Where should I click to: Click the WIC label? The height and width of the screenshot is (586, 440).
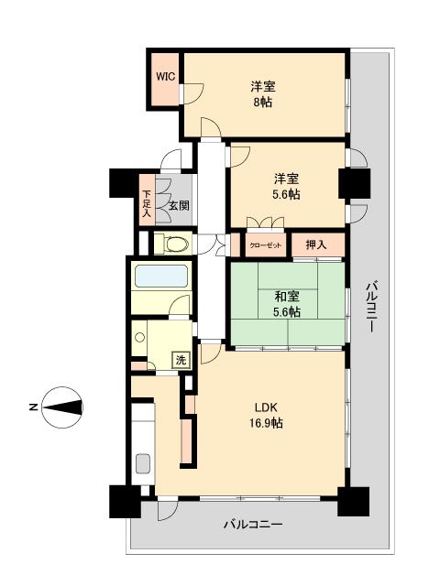[165, 77]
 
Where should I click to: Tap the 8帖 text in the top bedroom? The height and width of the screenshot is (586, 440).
[263, 103]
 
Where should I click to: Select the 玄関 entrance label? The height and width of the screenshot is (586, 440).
[179, 206]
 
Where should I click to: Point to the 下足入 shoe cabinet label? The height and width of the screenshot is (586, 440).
[147, 206]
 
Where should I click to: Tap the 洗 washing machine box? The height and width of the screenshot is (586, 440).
[181, 360]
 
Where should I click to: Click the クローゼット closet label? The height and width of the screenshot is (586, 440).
[265, 246]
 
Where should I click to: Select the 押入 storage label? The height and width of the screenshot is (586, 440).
[316, 245]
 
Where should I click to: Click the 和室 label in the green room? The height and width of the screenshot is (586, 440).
[288, 296]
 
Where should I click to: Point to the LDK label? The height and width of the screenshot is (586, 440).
[267, 407]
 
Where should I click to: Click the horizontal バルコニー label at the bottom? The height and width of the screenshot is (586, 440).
[252, 526]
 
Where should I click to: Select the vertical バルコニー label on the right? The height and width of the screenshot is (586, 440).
[371, 309]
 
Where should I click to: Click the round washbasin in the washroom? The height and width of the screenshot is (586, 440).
[140, 337]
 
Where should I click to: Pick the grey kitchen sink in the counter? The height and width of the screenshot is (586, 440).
[143, 463]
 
